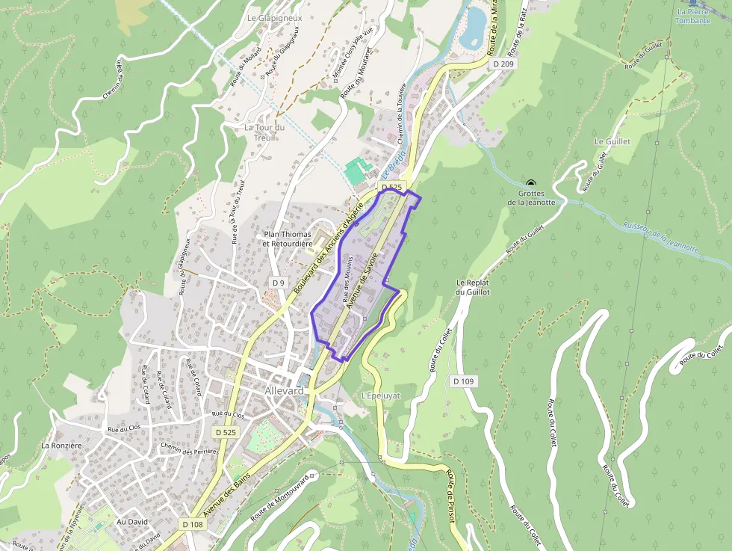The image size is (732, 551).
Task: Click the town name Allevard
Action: click(x=285, y=392)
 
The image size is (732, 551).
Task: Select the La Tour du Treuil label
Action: click(x=265, y=132)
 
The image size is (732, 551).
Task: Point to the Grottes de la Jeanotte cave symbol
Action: click(x=531, y=184)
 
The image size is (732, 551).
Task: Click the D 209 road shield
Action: click(x=504, y=64)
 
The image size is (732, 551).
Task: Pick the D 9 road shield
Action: click(x=279, y=283)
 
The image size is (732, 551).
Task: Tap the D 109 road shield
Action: click(x=463, y=381)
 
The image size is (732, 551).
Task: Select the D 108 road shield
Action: click(x=191, y=525)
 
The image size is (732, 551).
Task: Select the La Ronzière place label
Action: click(x=61, y=446)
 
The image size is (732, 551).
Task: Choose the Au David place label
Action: click(x=132, y=522)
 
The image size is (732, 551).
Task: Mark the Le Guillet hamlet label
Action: click(x=612, y=141)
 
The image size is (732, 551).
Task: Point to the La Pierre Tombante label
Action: click(x=692, y=16)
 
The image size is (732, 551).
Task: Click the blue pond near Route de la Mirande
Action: click(x=472, y=25)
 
